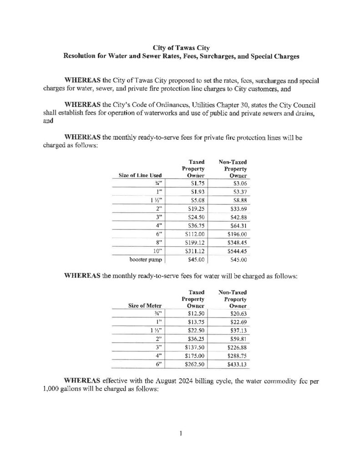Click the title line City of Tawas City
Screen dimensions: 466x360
click(180, 46)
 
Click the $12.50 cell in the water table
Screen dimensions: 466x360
click(196, 313)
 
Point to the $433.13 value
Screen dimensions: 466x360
click(238, 365)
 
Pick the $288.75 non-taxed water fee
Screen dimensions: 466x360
click(238, 356)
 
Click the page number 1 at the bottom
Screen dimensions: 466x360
click(180, 433)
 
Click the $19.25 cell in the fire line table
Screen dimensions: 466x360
click(195, 209)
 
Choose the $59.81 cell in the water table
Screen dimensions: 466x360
click(238, 339)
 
